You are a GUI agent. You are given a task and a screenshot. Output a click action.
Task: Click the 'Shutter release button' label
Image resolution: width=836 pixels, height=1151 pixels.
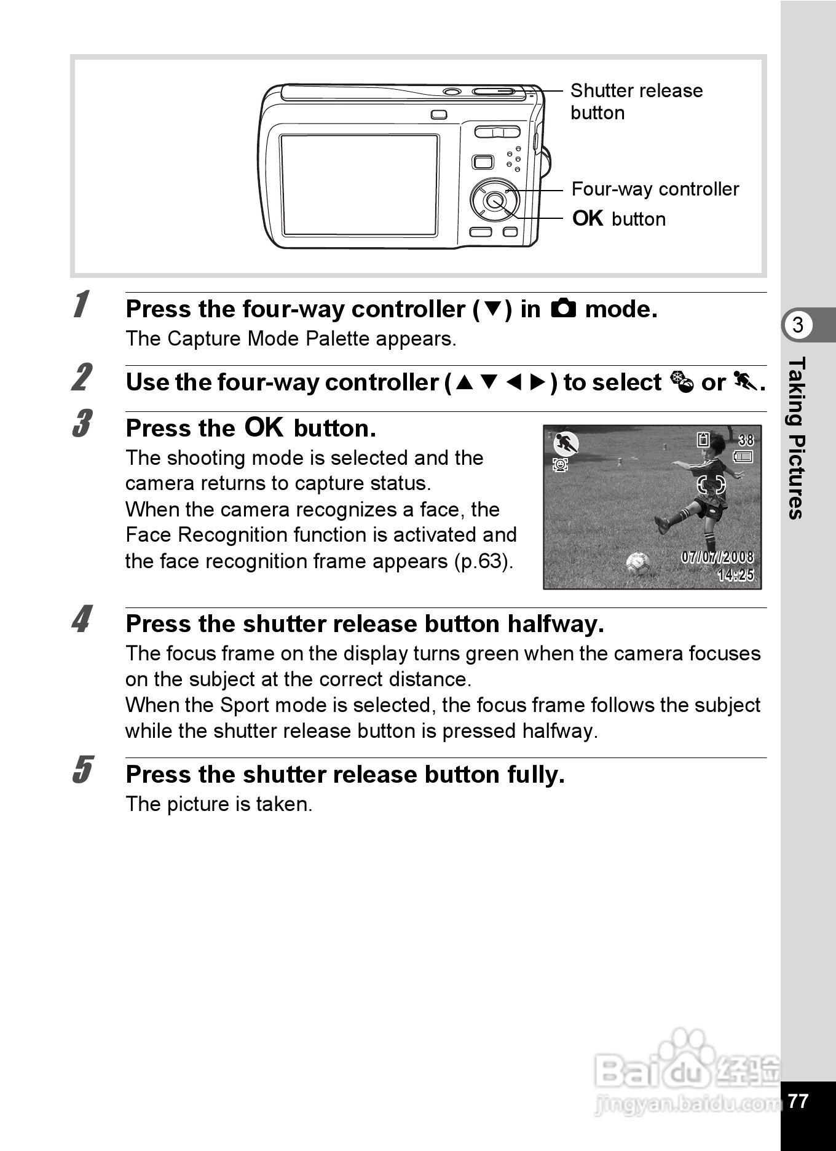(636, 101)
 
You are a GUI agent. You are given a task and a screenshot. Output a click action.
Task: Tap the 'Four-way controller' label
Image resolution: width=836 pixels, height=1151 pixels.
(655, 189)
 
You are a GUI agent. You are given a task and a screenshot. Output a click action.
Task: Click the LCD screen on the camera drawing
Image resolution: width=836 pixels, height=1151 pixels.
(360, 185)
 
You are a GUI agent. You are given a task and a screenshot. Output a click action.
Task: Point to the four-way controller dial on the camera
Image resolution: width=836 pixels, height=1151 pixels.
(494, 200)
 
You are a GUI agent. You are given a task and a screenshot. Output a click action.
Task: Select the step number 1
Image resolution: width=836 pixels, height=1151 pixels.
(81, 305)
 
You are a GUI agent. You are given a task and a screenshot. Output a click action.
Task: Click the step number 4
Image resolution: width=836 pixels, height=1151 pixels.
(82, 620)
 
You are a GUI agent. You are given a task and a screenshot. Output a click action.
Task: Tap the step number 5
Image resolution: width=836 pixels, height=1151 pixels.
(82, 770)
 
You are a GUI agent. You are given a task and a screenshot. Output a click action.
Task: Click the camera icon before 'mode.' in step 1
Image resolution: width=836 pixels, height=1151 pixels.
(563, 308)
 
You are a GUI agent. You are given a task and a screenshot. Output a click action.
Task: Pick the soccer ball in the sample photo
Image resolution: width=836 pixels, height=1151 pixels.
(637, 563)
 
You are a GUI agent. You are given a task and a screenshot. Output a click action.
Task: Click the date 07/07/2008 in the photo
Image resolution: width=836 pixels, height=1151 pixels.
(717, 557)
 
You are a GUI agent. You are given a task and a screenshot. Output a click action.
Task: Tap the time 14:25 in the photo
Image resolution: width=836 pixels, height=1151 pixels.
(735, 575)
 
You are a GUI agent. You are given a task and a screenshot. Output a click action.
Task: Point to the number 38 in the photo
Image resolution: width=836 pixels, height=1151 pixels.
(746, 440)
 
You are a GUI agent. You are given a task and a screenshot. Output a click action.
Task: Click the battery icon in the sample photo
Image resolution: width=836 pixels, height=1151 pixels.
(743, 457)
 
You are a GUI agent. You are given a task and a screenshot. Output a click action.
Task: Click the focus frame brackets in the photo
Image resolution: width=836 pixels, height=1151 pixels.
(711, 485)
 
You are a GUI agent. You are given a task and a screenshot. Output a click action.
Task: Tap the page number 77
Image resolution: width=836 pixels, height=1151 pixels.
(798, 1101)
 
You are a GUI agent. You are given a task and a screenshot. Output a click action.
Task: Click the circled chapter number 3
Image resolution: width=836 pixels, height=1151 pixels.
(798, 325)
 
